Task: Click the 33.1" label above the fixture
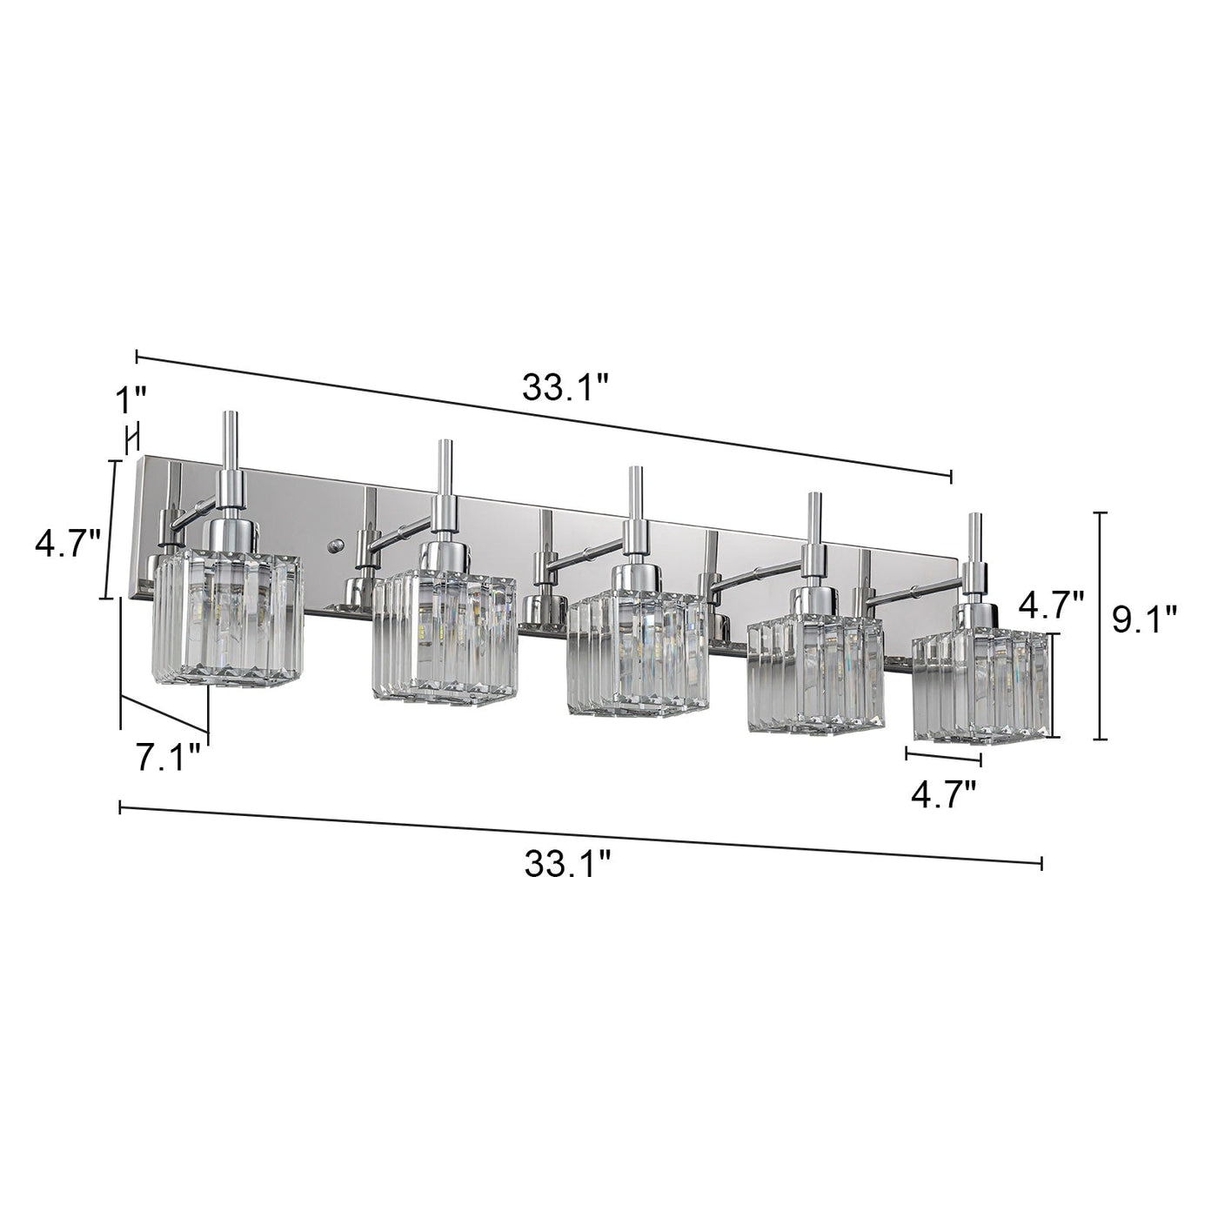(x=565, y=386)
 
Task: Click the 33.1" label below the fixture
(x=567, y=865)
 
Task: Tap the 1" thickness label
(x=131, y=401)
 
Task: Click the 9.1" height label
(x=1145, y=621)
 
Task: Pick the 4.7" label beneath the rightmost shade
(x=943, y=793)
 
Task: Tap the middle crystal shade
(x=637, y=652)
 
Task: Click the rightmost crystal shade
(x=980, y=685)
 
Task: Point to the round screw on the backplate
(x=335, y=545)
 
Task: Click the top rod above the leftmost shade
(x=231, y=439)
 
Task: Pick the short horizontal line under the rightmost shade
(x=943, y=756)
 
